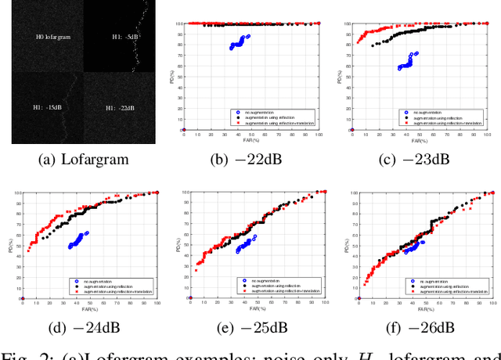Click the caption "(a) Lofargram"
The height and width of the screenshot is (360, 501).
coord(84,159)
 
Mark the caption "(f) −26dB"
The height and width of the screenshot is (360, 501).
coord(418,327)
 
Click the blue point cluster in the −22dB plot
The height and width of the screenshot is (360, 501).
coord(239,42)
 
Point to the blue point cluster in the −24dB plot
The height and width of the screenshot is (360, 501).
coord(78,239)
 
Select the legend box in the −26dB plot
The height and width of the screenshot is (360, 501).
coord(449,285)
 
